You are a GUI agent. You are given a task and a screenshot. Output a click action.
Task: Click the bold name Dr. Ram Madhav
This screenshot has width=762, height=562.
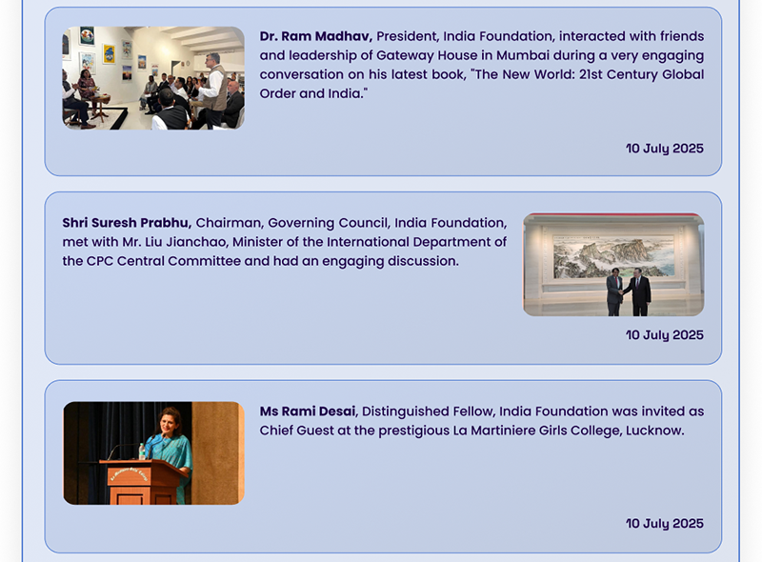(x=316, y=36)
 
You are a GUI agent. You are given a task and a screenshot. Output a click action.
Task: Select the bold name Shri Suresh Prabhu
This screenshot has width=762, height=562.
(x=127, y=223)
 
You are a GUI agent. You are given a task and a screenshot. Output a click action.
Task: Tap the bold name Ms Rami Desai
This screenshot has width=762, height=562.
(x=309, y=411)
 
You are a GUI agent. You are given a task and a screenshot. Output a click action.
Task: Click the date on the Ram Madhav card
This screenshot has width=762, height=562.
(x=664, y=149)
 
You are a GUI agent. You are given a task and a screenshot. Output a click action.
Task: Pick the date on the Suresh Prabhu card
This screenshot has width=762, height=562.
(x=664, y=335)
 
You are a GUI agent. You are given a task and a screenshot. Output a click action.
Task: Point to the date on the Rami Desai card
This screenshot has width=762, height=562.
(x=664, y=524)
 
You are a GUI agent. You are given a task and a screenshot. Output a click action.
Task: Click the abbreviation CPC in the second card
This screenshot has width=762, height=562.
(x=100, y=261)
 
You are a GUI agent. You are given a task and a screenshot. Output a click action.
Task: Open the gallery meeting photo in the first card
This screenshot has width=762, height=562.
(x=153, y=78)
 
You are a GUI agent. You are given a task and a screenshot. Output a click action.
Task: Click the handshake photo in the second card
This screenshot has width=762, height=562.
(x=613, y=265)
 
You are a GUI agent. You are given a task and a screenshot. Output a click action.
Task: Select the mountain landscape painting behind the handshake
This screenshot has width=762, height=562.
(x=613, y=256)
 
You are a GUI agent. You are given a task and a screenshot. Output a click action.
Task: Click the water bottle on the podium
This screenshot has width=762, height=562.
(x=142, y=452)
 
